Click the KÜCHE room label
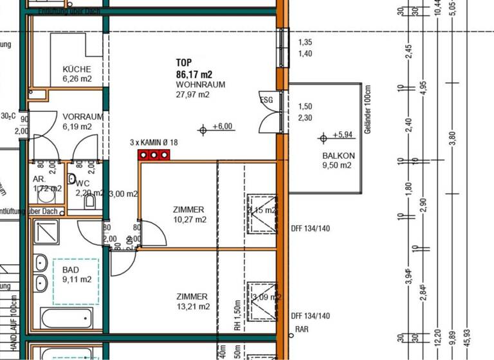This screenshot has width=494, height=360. pos(77,69)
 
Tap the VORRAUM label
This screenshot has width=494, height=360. pos(83,116)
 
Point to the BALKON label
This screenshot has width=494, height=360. pos(338,156)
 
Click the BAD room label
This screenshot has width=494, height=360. pos(76,270)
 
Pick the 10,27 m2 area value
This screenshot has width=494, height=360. pos(189,220)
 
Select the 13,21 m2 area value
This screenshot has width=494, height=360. pos(193,307)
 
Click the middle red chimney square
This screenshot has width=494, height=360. pos(154,155)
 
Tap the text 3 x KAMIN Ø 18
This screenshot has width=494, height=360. pos(154,142)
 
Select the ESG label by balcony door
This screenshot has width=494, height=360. pos(266,100)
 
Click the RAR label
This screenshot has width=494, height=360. pos(302,329)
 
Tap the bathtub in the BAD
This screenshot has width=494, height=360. pos(66,318)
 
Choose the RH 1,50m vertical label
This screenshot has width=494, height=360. pos(237,315)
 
